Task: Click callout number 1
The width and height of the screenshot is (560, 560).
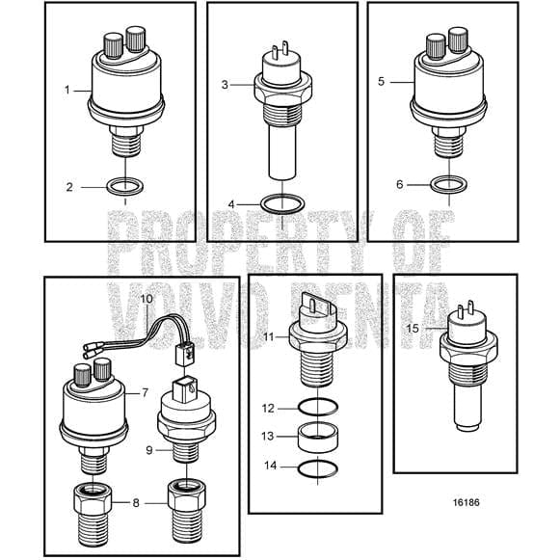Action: point(67,90)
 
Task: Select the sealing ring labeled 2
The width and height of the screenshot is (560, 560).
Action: point(120,186)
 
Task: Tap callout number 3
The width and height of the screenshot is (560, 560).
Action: point(224,85)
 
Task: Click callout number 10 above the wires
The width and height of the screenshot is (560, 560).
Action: point(147,299)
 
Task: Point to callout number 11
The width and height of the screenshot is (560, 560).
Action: point(270,335)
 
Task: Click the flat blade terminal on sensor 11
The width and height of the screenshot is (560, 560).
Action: point(315,306)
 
